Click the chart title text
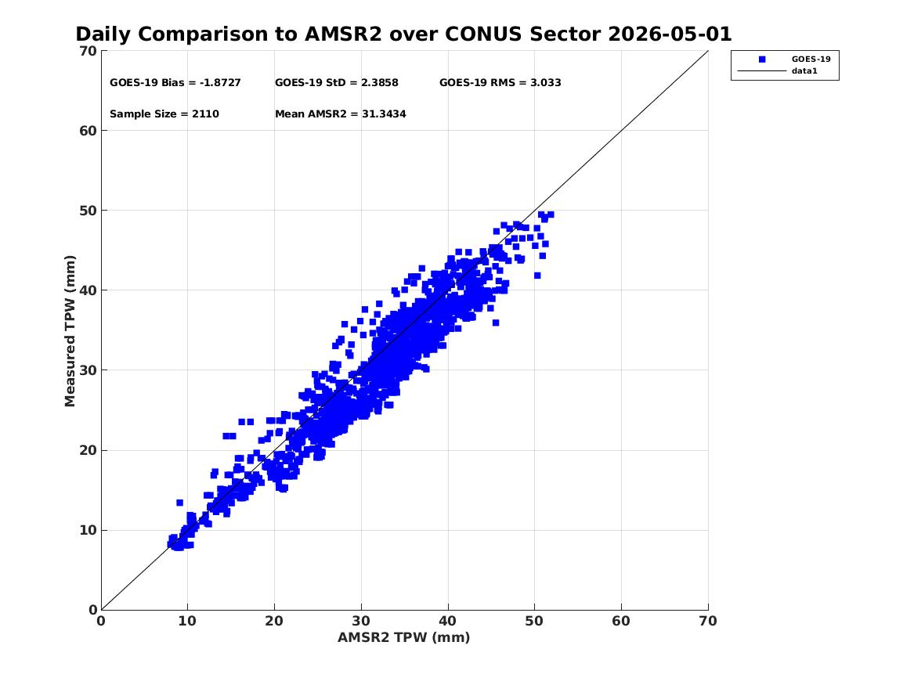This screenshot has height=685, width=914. [403, 34]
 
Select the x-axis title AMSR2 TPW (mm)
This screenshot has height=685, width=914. [403, 637]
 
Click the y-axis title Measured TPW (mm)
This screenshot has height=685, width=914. [70, 330]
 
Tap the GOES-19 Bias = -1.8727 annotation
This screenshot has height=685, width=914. [175, 83]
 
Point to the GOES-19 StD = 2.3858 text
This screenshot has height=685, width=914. [336, 83]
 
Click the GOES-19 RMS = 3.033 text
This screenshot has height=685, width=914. [500, 83]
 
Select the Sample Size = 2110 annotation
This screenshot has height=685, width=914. [164, 114]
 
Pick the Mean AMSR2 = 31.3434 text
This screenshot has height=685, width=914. [341, 114]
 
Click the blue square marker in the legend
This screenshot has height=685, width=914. [762, 59]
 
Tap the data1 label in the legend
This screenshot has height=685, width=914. [804, 71]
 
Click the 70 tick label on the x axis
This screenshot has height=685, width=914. [708, 621]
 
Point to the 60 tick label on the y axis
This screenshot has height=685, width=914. [88, 131]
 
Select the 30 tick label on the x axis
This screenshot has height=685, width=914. [361, 621]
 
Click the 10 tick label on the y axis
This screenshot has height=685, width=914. [88, 530]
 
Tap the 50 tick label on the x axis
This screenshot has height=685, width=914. [534, 621]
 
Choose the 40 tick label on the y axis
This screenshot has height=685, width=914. [88, 290]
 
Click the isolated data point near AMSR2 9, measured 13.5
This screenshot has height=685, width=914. [179, 503]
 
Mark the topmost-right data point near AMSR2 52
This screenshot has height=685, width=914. [551, 215]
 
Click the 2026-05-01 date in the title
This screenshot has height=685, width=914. [670, 34]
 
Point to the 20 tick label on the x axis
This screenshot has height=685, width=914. [274, 621]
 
